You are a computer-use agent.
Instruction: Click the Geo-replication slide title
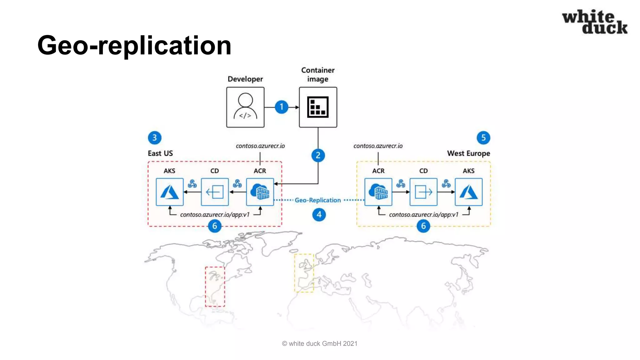(x=134, y=45)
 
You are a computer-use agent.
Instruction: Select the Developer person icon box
(x=245, y=107)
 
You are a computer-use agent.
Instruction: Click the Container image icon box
(x=318, y=107)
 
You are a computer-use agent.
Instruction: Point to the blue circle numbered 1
(x=281, y=107)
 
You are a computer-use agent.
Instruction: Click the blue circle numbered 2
(x=318, y=155)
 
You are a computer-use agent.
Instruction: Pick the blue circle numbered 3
(x=154, y=137)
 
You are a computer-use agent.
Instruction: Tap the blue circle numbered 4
(x=319, y=215)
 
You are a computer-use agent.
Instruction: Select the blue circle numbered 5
(x=483, y=137)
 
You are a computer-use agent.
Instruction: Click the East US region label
(x=160, y=153)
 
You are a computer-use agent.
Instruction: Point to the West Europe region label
(x=468, y=153)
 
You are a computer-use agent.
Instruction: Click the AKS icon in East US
(x=169, y=192)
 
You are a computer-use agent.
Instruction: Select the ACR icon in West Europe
(x=378, y=192)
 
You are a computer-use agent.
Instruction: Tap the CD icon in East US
(x=215, y=192)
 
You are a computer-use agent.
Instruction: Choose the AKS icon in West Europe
(x=468, y=192)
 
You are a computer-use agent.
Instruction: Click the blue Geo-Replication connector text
(x=317, y=200)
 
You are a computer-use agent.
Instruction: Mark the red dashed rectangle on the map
(x=215, y=287)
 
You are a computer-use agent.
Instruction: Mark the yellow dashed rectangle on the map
(x=304, y=273)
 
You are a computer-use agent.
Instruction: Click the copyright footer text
(x=319, y=343)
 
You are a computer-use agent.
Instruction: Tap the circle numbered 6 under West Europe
(x=423, y=226)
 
